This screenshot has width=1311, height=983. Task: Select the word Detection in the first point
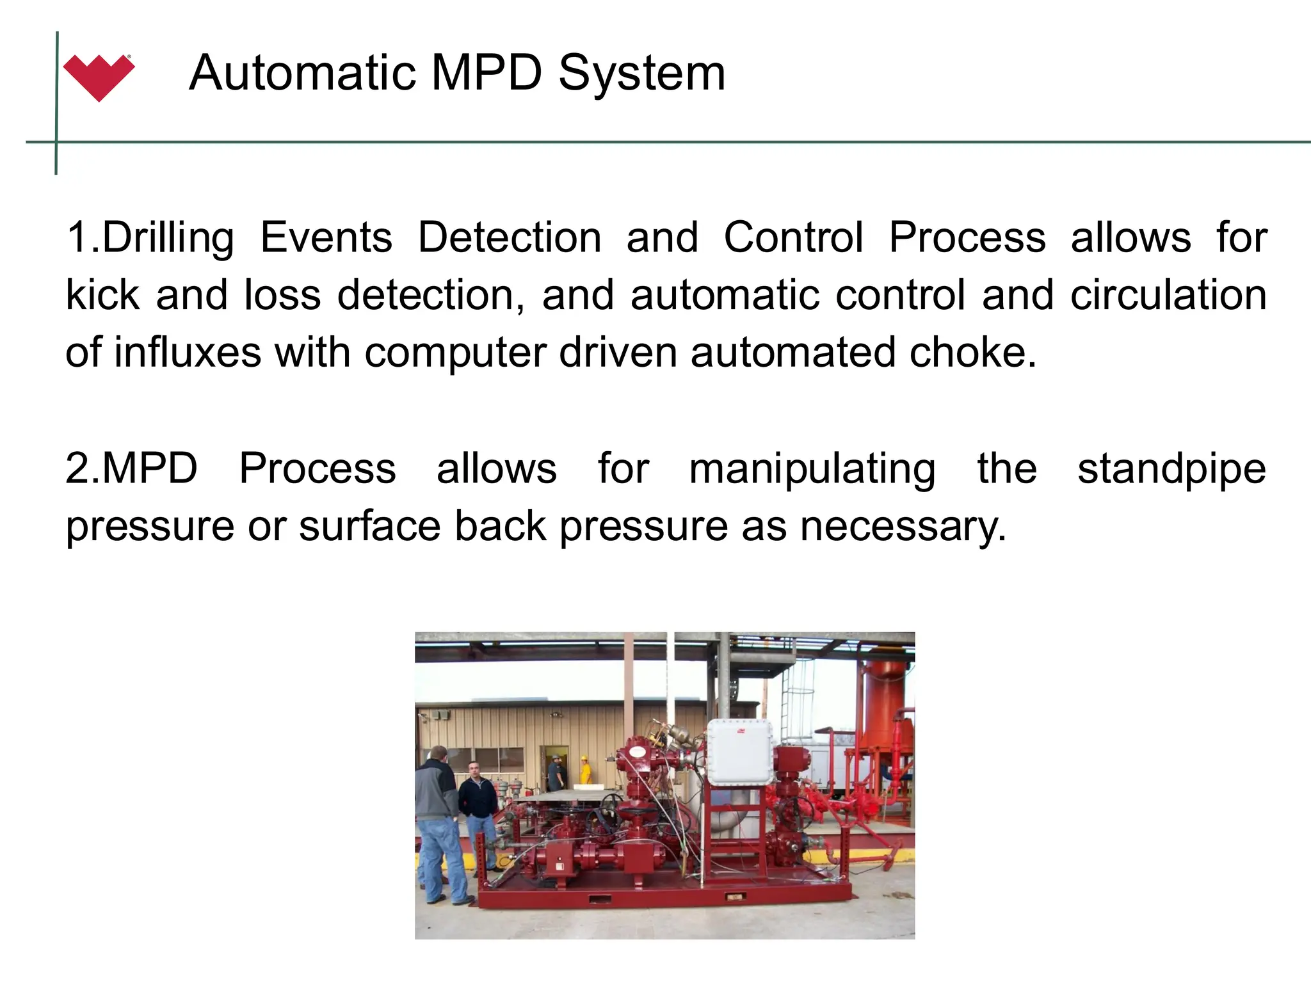pyautogui.click(x=510, y=237)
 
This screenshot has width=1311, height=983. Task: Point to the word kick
pyautogui.click(x=102, y=295)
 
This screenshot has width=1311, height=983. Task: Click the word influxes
pyautogui.click(x=188, y=353)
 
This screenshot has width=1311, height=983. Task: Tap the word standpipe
pyautogui.click(x=1171, y=469)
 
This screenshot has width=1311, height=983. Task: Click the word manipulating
pyautogui.click(x=812, y=469)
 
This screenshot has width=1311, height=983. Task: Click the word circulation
pyautogui.click(x=1168, y=295)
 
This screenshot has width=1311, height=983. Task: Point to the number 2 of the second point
pyautogui.click(x=77, y=469)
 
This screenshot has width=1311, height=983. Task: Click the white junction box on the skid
pyautogui.click(x=739, y=751)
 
